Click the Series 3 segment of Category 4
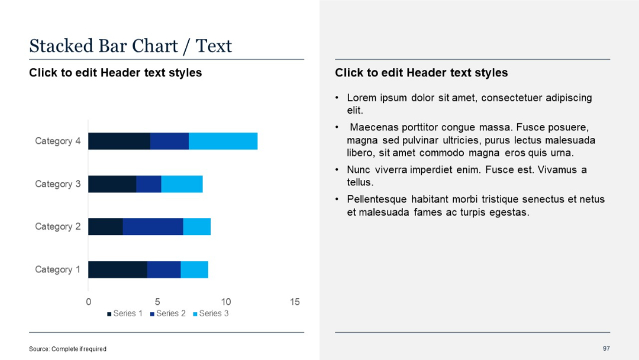(222, 141)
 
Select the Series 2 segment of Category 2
(153, 227)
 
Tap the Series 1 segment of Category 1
(118, 269)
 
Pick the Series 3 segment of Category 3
(182, 184)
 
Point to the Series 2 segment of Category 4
(169, 141)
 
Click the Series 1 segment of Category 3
(112, 184)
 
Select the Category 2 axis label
(57, 227)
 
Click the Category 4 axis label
(57, 141)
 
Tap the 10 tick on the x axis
(226, 302)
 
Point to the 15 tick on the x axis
(295, 302)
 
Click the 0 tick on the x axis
(89, 302)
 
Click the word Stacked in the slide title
(61, 46)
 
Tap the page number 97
(606, 348)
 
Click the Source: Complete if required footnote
(67, 349)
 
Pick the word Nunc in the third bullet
(359, 170)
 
